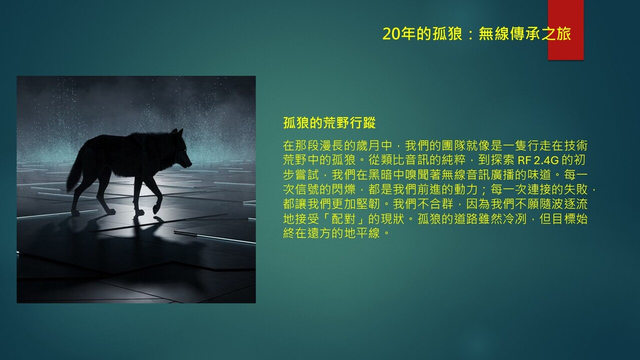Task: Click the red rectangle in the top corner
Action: coord(565,30)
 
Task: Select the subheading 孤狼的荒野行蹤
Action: coord(329,123)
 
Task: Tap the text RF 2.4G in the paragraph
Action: coord(538,160)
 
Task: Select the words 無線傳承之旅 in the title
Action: coord(524,34)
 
